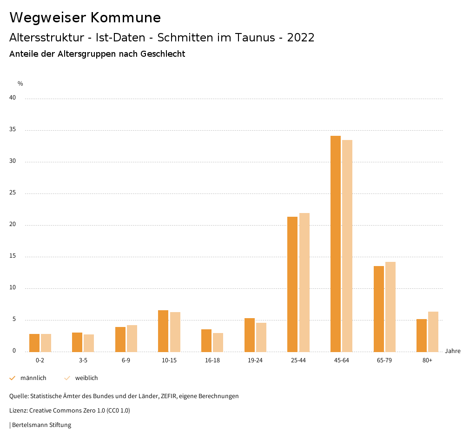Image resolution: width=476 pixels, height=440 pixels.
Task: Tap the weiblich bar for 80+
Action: [433, 332]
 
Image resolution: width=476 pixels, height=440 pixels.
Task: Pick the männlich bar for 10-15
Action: [163, 331]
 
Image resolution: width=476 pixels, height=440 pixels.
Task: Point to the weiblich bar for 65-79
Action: [390, 307]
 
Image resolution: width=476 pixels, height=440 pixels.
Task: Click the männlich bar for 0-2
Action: [34, 343]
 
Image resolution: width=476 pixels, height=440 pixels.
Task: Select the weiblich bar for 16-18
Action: [218, 342]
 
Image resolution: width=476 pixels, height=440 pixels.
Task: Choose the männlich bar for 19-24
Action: [250, 335]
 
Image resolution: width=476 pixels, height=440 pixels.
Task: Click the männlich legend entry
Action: [33, 378]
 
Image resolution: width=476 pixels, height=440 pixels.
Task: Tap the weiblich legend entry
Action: [86, 378]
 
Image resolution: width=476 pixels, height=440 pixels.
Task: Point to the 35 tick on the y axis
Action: [13, 130]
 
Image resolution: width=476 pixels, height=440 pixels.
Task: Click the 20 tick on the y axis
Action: [13, 225]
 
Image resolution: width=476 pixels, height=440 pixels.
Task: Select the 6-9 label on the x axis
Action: [126, 360]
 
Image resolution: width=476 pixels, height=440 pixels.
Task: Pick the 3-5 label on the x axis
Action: [83, 360]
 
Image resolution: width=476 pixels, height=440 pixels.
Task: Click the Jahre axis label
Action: [453, 351]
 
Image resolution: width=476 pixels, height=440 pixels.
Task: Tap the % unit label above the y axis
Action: [20, 84]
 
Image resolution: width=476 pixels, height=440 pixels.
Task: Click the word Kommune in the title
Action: [126, 18]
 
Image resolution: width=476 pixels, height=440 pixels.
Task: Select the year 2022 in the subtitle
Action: [301, 38]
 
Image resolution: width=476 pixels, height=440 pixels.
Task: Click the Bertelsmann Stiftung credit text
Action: [41, 425]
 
